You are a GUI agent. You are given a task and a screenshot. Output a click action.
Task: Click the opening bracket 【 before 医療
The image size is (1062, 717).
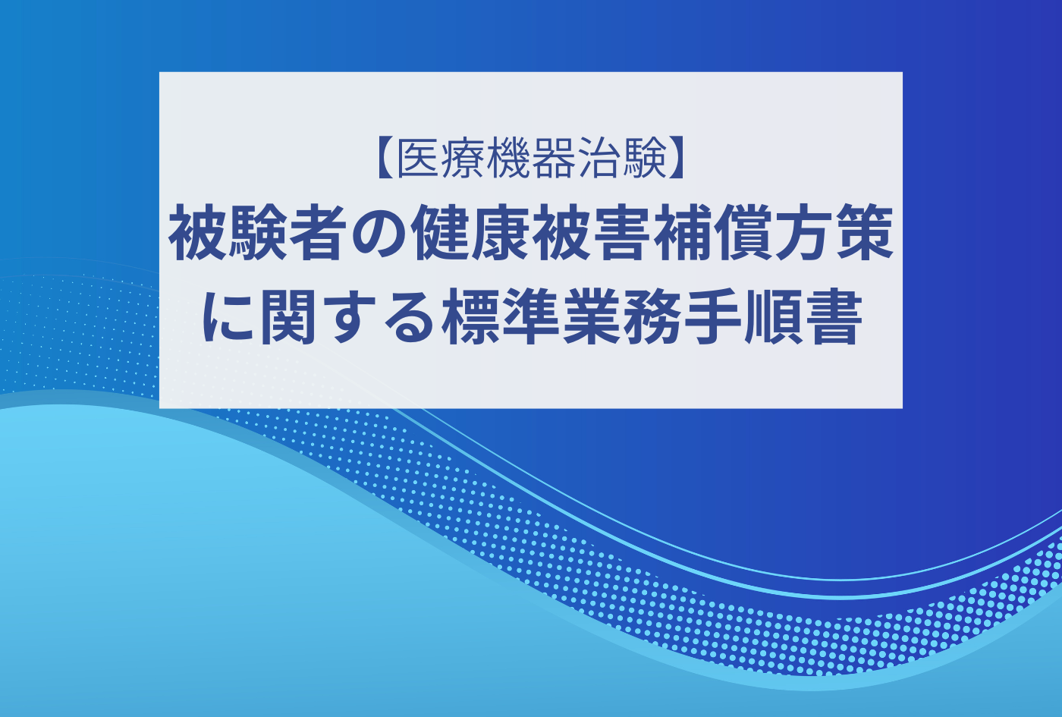[385, 158]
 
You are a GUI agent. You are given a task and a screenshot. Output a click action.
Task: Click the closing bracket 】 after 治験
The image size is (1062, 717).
[677, 158]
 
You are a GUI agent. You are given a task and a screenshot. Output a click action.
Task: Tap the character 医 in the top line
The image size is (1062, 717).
[418, 158]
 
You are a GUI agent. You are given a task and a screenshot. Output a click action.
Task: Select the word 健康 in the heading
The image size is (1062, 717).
[471, 233]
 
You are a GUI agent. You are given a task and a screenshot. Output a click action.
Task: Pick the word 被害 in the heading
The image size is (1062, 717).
[592, 233]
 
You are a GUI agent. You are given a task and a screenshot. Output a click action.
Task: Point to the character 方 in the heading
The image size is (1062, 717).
[803, 233]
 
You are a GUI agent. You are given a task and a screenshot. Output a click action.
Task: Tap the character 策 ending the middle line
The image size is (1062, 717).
[864, 233]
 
